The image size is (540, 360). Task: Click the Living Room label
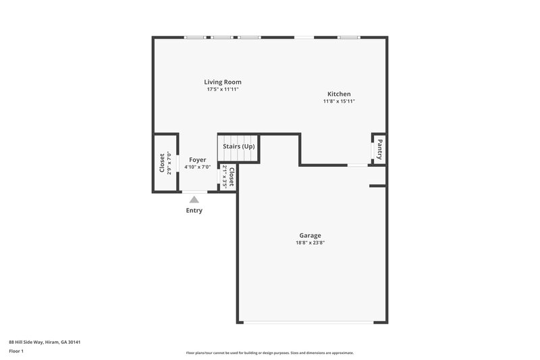coord(223,82)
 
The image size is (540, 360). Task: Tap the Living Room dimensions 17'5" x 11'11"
coord(223,90)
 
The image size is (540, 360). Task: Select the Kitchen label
coord(339,94)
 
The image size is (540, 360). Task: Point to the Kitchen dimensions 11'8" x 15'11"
coord(339,101)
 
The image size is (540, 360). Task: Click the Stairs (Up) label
coord(239,147)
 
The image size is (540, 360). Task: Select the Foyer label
coord(197,159)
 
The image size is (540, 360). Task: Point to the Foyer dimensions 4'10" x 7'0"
coord(197,167)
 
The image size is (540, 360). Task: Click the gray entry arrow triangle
coord(194,199)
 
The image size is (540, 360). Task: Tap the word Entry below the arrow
coord(194,210)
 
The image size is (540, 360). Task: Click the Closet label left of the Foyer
coord(162,163)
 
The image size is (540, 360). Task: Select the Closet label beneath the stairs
coord(231,177)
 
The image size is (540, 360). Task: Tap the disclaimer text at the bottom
coord(269,353)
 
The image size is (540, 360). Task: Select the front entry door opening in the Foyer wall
coord(195,192)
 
